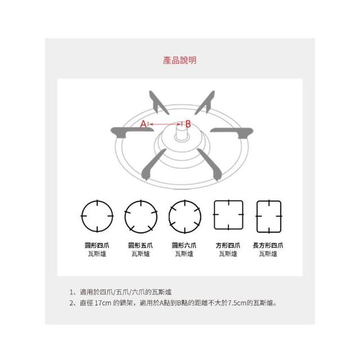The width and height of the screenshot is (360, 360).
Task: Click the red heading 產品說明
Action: tap(180, 60)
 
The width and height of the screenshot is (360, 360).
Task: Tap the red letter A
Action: tap(143, 124)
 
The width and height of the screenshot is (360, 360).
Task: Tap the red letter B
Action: tap(188, 124)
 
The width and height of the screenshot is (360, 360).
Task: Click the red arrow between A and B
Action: tap(165, 124)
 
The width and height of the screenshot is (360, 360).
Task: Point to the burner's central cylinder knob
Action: tap(182, 133)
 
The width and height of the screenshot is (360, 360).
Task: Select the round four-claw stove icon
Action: tap(97, 216)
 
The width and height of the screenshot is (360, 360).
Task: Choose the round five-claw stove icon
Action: tap(141, 217)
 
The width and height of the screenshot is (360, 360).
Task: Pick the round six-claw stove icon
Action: tap(185, 217)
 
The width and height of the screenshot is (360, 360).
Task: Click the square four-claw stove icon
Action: tap(228, 215)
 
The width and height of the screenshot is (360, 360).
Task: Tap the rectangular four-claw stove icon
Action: tap(269, 217)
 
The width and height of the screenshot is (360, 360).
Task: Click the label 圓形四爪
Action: tap(97, 245)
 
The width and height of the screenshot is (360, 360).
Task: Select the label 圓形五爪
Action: tap(141, 245)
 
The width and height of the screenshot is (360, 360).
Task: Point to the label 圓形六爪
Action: tap(184, 245)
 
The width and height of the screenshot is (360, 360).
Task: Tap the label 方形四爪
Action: tap(228, 245)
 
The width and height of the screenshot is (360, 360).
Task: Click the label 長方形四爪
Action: tap(268, 245)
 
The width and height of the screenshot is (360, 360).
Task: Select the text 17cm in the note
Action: tap(103, 303)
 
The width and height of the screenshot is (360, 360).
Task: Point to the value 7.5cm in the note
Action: tap(237, 303)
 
